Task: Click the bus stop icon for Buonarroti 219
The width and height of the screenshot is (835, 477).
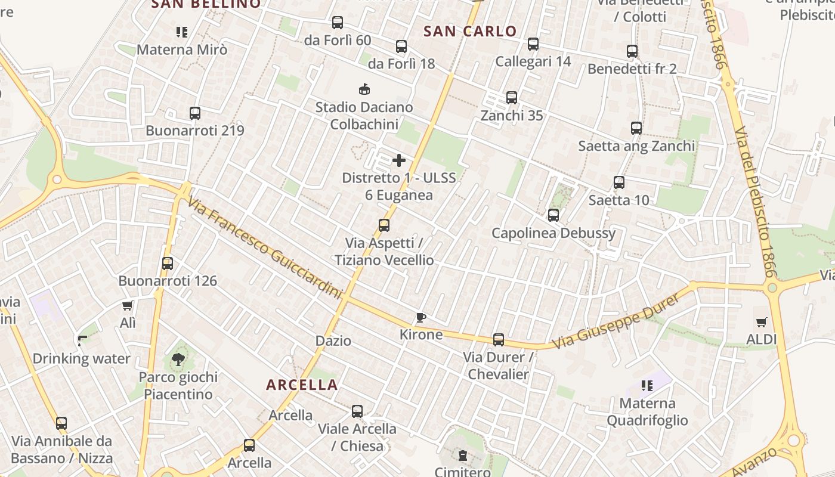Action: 194,113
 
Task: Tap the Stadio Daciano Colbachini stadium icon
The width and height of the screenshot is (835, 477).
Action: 364,89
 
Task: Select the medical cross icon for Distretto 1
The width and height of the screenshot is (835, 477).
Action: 399,160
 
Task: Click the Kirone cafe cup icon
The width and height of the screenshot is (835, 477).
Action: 421,317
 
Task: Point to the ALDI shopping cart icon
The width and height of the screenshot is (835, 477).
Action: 761,322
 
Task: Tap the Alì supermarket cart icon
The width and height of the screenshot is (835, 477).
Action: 127,306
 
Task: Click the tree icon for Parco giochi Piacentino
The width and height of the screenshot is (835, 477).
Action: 178,359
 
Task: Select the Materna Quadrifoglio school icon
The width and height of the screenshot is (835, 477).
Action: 647,386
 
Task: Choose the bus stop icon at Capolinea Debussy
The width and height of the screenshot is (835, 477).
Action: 553,215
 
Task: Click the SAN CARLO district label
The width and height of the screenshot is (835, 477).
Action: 470,32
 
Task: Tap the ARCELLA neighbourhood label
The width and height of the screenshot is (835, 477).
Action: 302,385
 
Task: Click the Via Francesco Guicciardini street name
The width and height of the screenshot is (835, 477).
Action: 265,248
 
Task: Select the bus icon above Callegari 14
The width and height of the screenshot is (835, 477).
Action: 533,44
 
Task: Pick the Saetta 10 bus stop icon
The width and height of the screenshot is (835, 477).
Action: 619,182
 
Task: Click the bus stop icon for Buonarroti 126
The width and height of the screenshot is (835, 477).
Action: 168,263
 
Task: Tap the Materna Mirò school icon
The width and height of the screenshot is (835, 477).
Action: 182,32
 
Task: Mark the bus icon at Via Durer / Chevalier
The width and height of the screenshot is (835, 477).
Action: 499,340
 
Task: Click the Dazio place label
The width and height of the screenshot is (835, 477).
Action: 333,341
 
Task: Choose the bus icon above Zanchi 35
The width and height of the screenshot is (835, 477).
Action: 512,97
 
